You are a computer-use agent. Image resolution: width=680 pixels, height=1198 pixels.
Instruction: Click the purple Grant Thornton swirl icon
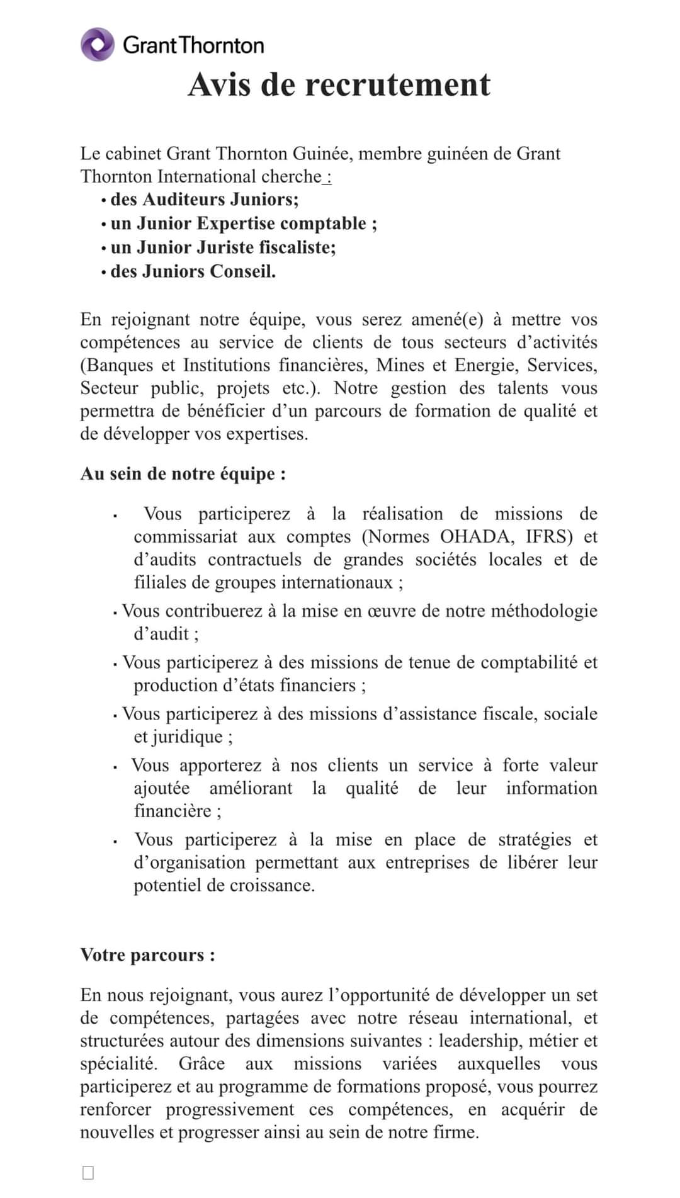98,45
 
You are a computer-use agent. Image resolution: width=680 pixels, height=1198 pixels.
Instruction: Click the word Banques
118,365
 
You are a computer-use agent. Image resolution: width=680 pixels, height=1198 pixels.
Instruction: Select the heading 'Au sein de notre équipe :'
183,473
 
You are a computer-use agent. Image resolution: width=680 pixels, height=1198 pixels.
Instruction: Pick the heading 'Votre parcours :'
148,955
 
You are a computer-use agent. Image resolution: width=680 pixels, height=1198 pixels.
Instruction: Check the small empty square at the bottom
88,1172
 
